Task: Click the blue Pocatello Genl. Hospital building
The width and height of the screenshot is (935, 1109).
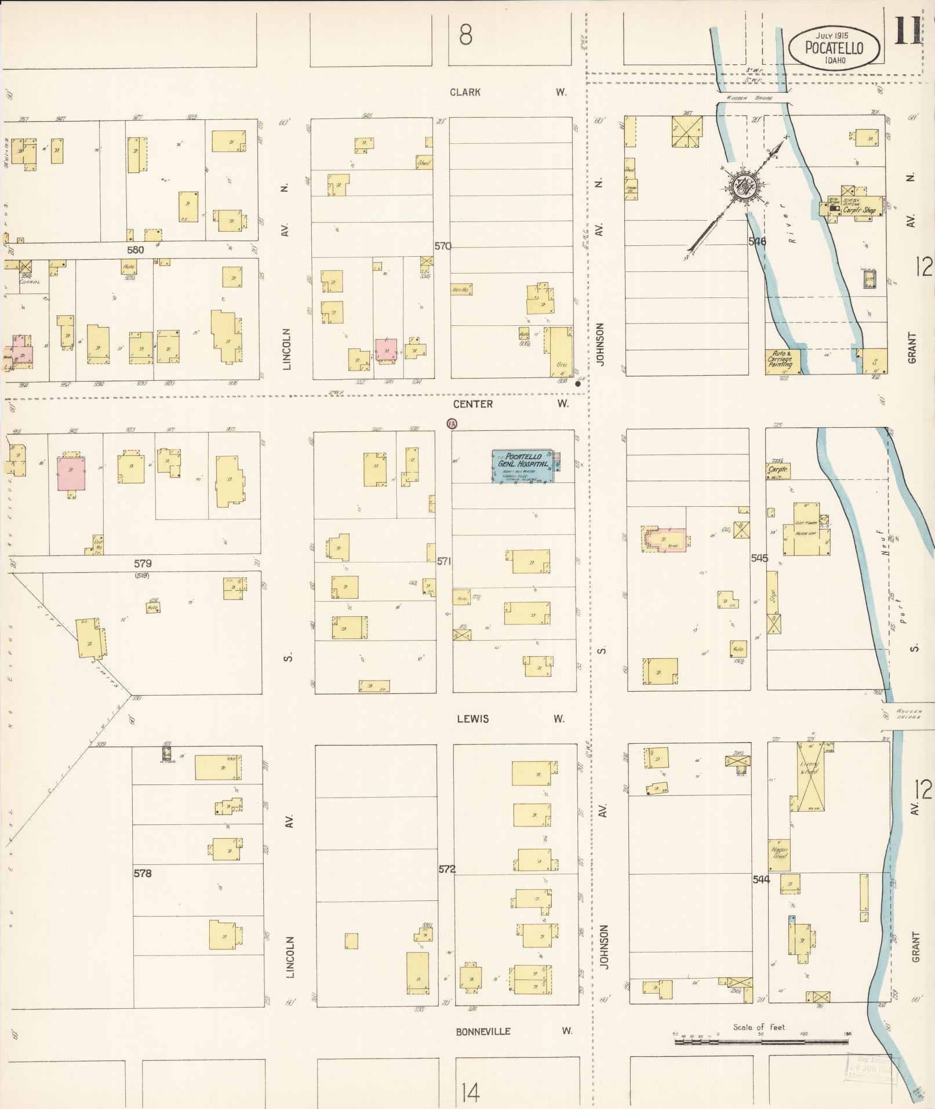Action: (522, 466)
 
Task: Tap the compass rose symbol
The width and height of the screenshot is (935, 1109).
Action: (742, 187)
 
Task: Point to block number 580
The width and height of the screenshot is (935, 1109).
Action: (136, 250)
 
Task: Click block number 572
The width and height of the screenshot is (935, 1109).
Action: (447, 869)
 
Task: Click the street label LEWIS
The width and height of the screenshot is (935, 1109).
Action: (472, 719)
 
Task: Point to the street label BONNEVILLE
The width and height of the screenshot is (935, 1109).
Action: (483, 1031)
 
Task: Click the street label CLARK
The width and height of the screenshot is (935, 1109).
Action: (465, 92)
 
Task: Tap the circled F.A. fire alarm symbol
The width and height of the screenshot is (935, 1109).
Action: (452, 424)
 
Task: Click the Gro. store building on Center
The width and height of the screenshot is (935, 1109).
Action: (561, 351)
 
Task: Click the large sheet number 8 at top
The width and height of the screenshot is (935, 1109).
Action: (465, 35)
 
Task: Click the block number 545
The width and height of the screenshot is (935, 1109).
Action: (759, 558)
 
